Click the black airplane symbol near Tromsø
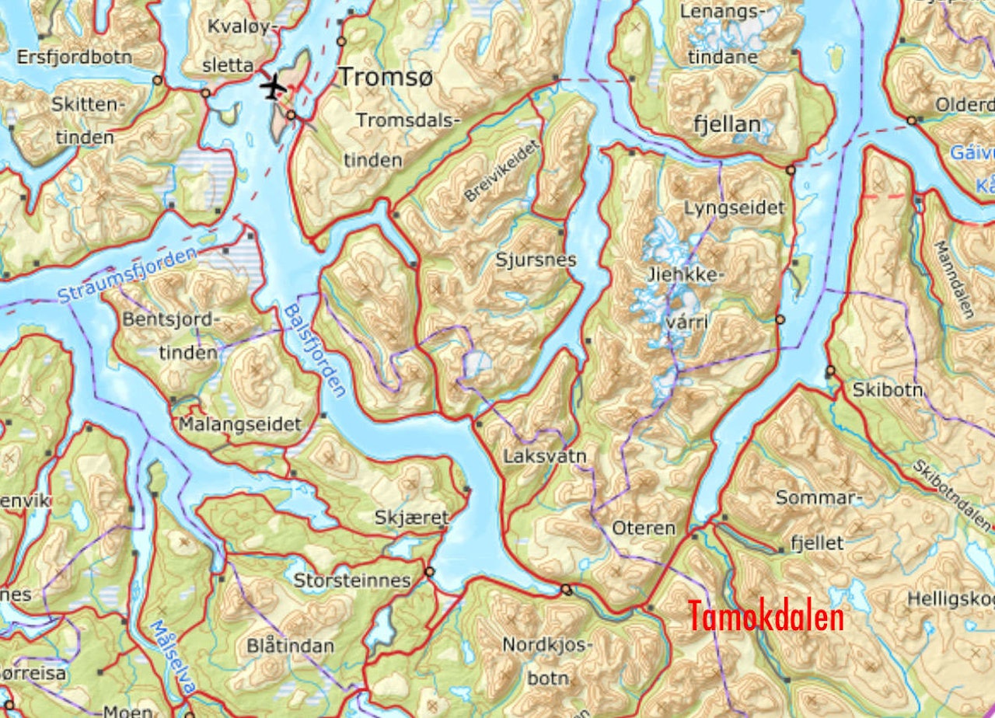point(272,86)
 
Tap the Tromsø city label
point(385,77)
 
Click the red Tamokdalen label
point(766,617)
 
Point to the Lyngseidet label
point(734,208)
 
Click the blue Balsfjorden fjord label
point(315,350)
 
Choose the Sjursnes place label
point(536,260)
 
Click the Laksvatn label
point(544,455)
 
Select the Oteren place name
point(643,528)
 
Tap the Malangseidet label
point(239,424)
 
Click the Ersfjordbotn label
point(75,58)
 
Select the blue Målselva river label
point(171,660)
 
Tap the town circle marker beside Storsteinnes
point(429,572)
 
